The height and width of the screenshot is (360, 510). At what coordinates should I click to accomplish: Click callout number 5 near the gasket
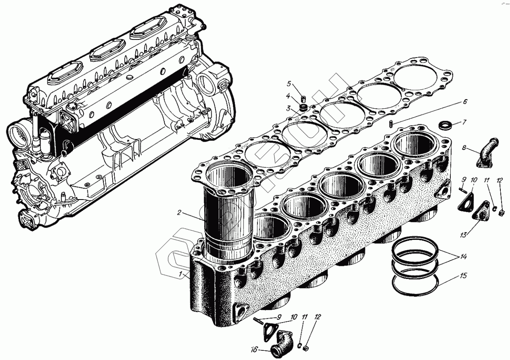[289, 84]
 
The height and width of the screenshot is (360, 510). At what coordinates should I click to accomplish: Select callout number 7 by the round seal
[465, 122]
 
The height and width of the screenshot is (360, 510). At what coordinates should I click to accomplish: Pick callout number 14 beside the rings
[463, 257]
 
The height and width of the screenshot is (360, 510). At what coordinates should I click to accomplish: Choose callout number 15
[463, 276]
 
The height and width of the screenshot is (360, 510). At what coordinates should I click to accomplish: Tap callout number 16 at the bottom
[254, 349]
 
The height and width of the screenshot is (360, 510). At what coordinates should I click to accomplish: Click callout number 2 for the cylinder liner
[179, 213]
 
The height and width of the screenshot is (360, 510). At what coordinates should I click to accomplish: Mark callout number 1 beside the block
[181, 274]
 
